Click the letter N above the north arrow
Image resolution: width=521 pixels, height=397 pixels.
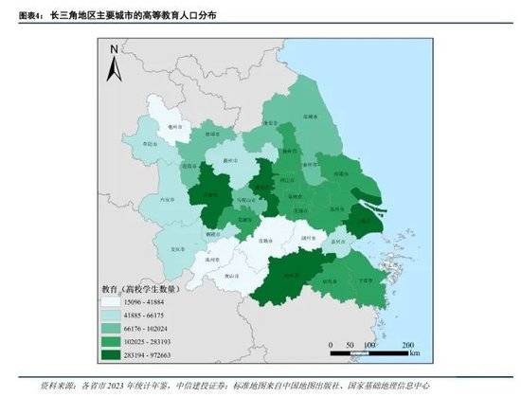pos(115,48)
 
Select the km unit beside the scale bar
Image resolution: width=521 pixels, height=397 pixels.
pos(414,353)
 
